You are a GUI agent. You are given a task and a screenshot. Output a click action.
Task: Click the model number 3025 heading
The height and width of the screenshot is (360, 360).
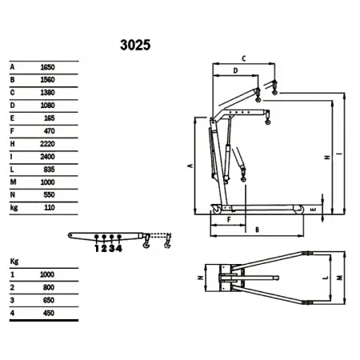coord(135,45)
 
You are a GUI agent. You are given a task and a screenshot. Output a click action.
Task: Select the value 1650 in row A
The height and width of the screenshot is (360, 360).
coord(47,67)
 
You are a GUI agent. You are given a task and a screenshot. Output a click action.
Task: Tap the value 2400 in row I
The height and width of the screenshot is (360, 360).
coord(47,157)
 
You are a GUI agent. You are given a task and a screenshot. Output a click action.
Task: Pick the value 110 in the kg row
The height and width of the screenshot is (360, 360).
coord(50,207)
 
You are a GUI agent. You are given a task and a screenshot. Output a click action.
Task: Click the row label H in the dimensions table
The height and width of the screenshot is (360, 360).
coord(12,144)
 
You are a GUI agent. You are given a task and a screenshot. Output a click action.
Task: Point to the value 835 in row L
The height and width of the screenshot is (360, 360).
coord(49,170)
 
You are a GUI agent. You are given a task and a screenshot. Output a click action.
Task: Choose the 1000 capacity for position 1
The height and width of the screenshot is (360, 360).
coord(47,274)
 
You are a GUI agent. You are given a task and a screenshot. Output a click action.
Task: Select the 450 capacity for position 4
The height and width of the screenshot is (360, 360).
coord(49,313)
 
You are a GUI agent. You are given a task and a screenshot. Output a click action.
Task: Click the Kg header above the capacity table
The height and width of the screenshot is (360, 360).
coord(14,262)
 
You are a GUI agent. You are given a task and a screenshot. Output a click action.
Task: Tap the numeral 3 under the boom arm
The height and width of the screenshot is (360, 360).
coord(112,249)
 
